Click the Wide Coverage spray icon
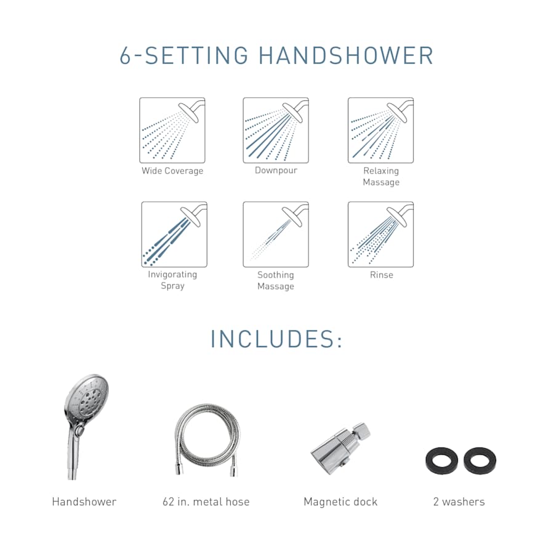(172, 130)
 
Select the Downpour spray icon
(276, 130)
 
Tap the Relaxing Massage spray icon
(380, 130)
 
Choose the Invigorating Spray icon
(174, 235)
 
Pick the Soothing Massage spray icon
(276, 235)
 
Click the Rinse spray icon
(380, 235)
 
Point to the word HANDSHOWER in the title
(346, 55)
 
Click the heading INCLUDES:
(276, 339)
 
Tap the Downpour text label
(276, 171)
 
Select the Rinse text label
(381, 275)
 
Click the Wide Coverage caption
(172, 171)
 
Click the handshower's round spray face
(87, 397)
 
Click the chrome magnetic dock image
(340, 449)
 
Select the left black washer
(441, 460)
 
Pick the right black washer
(480, 460)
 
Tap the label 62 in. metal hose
(206, 502)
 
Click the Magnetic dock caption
(340, 502)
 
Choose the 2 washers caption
(459, 502)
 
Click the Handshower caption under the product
(84, 502)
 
